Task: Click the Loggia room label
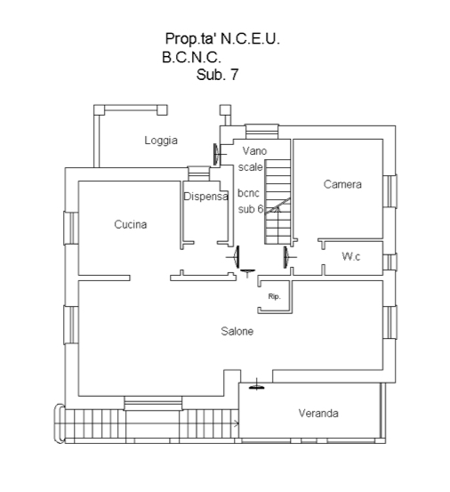(x=161, y=141)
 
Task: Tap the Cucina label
(x=131, y=224)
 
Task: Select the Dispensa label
(x=205, y=197)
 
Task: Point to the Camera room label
(x=342, y=184)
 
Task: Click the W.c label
(x=351, y=256)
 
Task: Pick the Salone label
(x=237, y=331)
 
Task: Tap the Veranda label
(x=318, y=413)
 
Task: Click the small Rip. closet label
(x=275, y=296)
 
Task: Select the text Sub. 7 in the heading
(x=217, y=75)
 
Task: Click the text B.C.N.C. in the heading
(x=191, y=58)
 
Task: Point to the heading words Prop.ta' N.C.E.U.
(x=222, y=39)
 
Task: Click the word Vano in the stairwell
(x=254, y=151)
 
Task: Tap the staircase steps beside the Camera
(x=277, y=201)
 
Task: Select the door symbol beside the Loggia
(x=218, y=154)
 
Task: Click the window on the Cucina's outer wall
(x=71, y=228)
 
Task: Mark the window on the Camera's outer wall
(x=390, y=191)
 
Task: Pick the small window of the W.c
(x=390, y=262)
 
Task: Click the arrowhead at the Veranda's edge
(x=237, y=423)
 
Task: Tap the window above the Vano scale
(x=261, y=132)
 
